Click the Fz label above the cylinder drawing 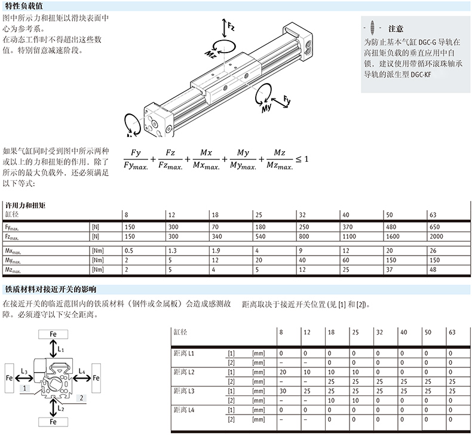click(x=231, y=27)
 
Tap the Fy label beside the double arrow click(x=287, y=100)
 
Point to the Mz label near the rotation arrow click(x=210, y=54)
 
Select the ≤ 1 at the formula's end click(x=302, y=159)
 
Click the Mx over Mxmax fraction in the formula click(x=206, y=159)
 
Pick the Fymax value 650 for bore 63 click(x=435, y=227)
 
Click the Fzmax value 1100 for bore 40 click(x=349, y=237)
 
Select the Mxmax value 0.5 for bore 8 click(x=129, y=251)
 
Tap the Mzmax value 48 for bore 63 click(x=433, y=269)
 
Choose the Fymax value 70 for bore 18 click(x=215, y=227)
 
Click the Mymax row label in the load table click(x=13, y=260)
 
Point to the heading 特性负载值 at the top click(x=24, y=6)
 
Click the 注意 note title click(x=396, y=29)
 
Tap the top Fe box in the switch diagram click(x=53, y=334)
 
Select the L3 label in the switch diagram click(x=24, y=371)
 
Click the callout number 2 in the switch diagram click(x=81, y=398)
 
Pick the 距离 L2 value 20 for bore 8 click(x=283, y=372)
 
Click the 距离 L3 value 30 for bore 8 click(x=283, y=391)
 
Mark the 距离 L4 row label click(x=184, y=410)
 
